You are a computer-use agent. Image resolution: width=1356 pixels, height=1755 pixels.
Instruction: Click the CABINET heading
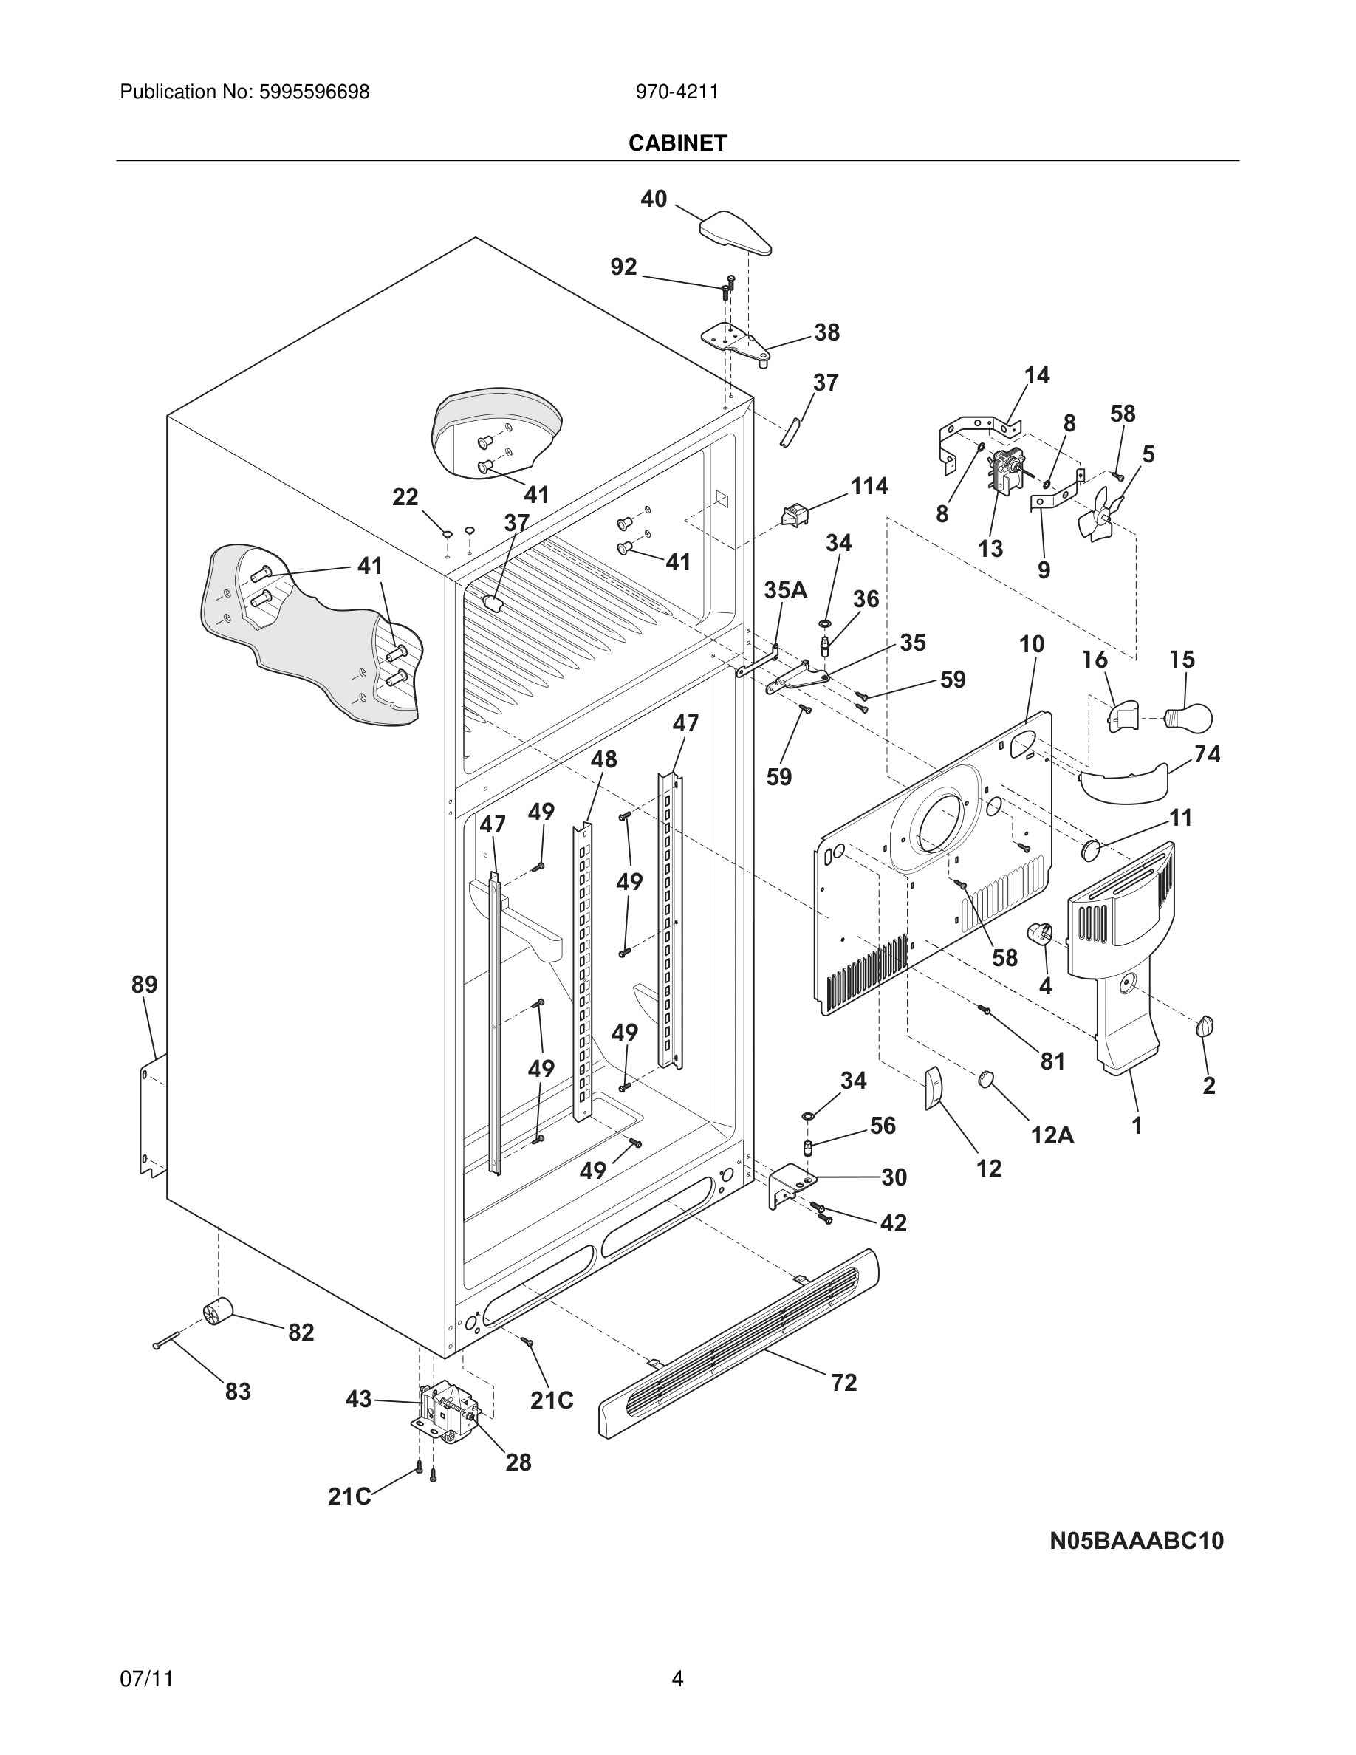click(x=677, y=143)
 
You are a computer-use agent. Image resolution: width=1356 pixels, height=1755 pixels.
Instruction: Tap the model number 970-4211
click(x=677, y=92)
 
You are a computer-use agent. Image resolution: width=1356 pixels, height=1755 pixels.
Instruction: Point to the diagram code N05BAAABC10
click(x=1137, y=1542)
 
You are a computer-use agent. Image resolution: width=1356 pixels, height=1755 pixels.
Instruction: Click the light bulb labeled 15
click(x=1188, y=716)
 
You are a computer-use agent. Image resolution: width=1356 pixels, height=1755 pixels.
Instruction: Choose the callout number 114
click(x=869, y=486)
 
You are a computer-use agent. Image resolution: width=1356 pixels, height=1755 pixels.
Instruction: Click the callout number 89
click(x=145, y=985)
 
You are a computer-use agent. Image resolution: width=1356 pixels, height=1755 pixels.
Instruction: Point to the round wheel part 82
click(x=217, y=1313)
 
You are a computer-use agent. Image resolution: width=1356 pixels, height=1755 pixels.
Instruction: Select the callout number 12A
click(x=1052, y=1135)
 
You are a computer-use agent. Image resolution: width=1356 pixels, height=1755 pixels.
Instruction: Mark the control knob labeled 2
click(x=1205, y=1026)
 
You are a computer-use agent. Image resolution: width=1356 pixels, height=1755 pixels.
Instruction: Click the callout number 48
click(x=603, y=759)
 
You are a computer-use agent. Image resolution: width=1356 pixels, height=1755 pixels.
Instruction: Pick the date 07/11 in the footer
click(x=146, y=1679)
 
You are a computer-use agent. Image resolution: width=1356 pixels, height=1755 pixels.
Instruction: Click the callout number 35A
click(x=785, y=591)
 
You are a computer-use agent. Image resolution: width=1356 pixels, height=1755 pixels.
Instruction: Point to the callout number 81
click(x=1052, y=1061)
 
